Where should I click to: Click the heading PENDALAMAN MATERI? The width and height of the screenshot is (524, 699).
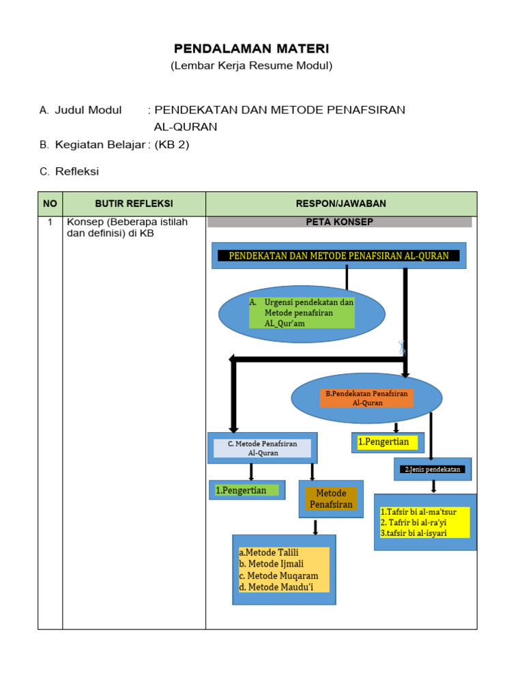pyautogui.click(x=251, y=48)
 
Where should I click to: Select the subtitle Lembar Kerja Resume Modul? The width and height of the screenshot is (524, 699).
pyautogui.click(x=251, y=66)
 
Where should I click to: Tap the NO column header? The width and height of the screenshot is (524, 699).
pyautogui.click(x=50, y=203)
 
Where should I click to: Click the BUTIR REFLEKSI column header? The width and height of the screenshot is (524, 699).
pyautogui.click(x=134, y=203)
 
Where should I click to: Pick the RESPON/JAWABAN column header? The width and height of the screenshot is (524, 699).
pyautogui.click(x=341, y=203)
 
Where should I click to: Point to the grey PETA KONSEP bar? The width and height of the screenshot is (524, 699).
pyautogui.click(x=339, y=222)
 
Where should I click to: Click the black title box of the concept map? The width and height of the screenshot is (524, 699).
pyautogui.click(x=338, y=255)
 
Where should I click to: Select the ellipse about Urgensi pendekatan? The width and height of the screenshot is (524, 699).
pyautogui.click(x=302, y=313)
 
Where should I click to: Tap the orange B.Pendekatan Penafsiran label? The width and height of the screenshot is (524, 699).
pyautogui.click(x=367, y=398)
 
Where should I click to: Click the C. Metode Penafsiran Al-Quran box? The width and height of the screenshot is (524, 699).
pyautogui.click(x=263, y=448)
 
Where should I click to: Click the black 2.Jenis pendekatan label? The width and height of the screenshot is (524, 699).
pyautogui.click(x=433, y=469)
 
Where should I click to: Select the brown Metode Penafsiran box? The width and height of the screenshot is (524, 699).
pyautogui.click(x=331, y=498)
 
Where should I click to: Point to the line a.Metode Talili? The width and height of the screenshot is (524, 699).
pyautogui.click(x=269, y=552)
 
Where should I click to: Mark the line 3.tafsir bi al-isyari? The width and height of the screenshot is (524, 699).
pyautogui.click(x=413, y=533)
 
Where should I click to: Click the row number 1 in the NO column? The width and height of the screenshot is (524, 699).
pyautogui.click(x=50, y=222)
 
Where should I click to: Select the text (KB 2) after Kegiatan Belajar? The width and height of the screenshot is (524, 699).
pyautogui.click(x=172, y=144)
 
